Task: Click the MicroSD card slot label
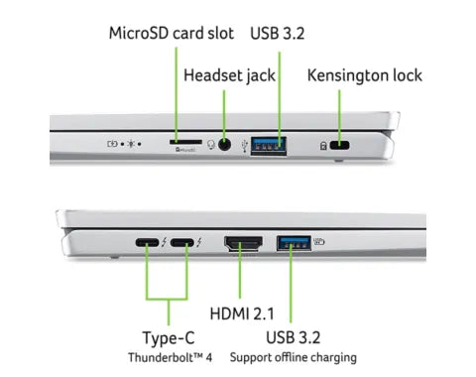click(x=171, y=33)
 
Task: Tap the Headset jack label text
click(x=230, y=74)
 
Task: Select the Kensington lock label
click(x=364, y=74)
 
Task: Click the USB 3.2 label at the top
click(x=279, y=33)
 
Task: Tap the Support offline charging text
click(x=294, y=357)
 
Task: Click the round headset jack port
click(x=228, y=143)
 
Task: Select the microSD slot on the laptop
click(x=182, y=142)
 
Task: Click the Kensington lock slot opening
click(x=341, y=144)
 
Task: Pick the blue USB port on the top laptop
click(x=269, y=143)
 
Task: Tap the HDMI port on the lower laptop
click(x=242, y=243)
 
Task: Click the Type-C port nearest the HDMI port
click(x=182, y=243)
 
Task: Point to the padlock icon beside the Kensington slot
click(x=323, y=145)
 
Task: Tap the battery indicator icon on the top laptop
click(x=112, y=143)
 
